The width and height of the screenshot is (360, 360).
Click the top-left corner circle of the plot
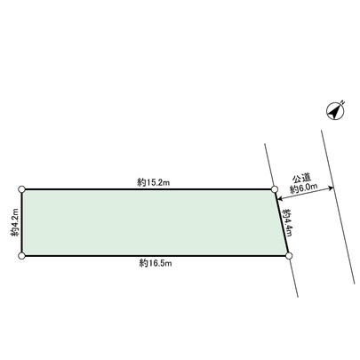pyautogui.click(x=21, y=189)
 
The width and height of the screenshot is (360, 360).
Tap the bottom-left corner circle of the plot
pyautogui.click(x=21, y=256)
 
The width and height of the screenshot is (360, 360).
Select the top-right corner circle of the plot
pyautogui.click(x=275, y=189)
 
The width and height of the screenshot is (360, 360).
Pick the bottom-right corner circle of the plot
pyautogui.click(x=289, y=256)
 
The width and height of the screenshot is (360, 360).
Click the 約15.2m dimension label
pyautogui.click(x=153, y=181)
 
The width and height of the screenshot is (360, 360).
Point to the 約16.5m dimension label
pyautogui.click(x=155, y=264)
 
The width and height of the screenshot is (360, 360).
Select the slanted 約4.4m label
pyautogui.click(x=287, y=222)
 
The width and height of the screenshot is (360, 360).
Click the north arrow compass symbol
pyautogui.click(x=334, y=110)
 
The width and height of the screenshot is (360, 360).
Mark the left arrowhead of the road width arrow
pyautogui.click(x=280, y=189)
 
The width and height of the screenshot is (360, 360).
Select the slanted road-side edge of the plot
pyautogui.click(x=282, y=223)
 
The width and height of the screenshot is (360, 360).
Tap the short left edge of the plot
pyautogui.click(x=21, y=222)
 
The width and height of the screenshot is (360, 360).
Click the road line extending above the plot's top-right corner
pyautogui.click(x=269, y=164)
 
